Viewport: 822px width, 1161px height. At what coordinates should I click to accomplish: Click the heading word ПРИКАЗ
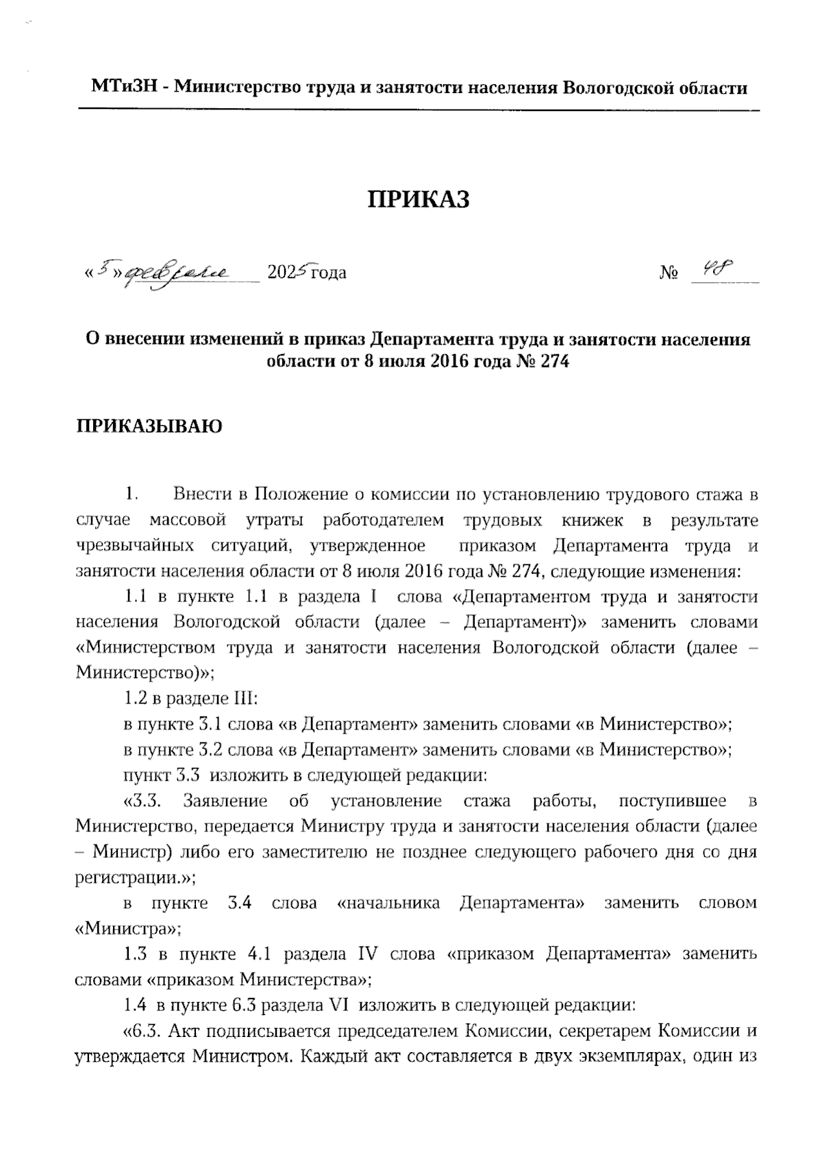point(419,199)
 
